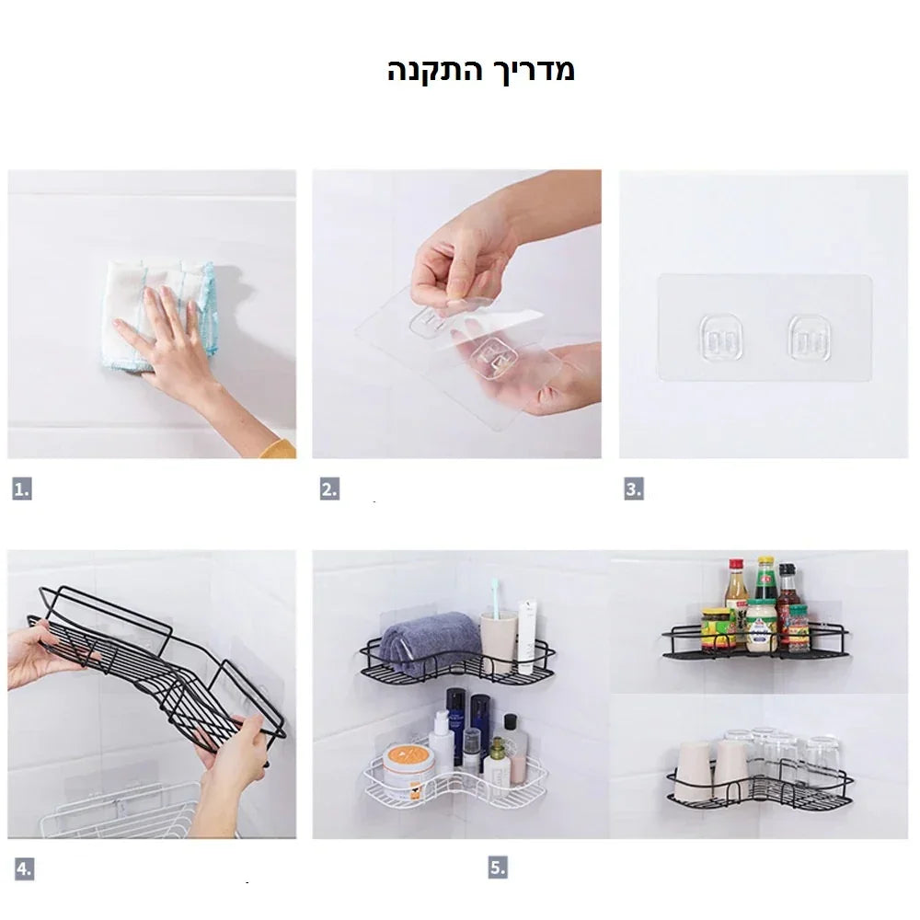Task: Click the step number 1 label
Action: point(22,489)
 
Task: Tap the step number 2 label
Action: point(329,489)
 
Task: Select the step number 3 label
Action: point(634,489)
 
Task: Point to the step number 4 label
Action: point(24,868)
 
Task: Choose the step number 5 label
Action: point(498,868)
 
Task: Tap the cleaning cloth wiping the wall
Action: point(159,316)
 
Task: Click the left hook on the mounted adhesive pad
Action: point(721,338)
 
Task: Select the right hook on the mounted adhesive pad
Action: point(810,338)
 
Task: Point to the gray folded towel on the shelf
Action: point(430,641)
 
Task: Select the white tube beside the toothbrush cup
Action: point(527,636)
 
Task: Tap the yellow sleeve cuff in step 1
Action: point(279,448)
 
